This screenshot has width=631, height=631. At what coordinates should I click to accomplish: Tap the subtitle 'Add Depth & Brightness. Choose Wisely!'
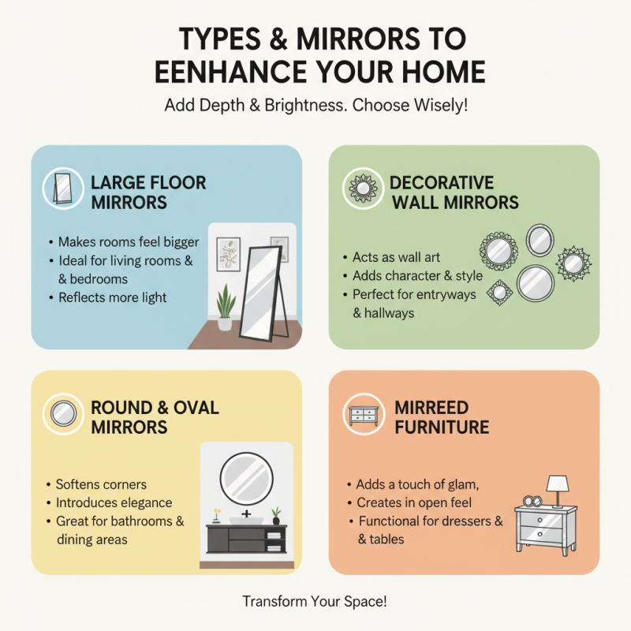pos(315,106)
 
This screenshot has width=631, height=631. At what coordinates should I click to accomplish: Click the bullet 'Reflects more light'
pos(112,297)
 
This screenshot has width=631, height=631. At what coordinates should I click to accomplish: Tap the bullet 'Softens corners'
pos(101,484)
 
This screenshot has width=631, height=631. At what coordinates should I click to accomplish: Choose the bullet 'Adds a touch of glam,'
pos(413,484)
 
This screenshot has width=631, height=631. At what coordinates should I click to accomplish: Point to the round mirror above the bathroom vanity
pos(246,478)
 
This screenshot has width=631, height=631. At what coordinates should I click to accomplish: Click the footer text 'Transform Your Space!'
pos(315,602)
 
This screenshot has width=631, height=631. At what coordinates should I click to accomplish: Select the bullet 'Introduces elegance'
pos(114,502)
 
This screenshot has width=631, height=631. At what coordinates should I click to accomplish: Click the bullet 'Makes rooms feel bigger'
pos(129,242)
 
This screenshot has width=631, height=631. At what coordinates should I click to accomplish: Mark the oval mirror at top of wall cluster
pos(539,239)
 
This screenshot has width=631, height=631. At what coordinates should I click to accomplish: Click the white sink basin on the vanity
pos(246,521)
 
